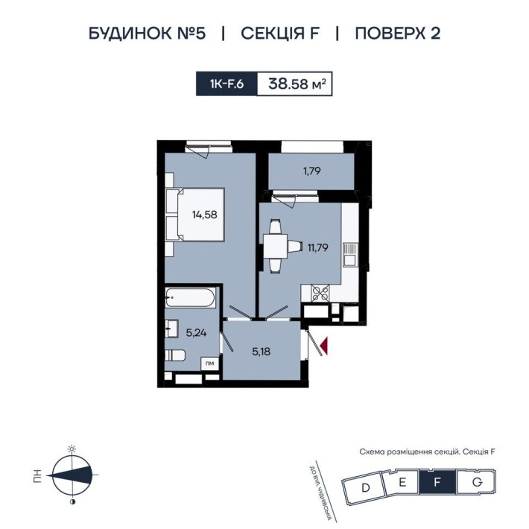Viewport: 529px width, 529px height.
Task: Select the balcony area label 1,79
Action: (x=311, y=171)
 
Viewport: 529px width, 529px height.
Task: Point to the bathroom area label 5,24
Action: (x=195, y=333)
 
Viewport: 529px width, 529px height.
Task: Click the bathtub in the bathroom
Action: (x=190, y=299)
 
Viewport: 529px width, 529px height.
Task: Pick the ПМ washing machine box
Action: (x=212, y=363)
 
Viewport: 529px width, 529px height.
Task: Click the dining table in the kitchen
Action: (x=276, y=244)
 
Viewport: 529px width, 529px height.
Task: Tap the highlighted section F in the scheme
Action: (x=438, y=483)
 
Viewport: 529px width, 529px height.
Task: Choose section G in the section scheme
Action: (x=475, y=483)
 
